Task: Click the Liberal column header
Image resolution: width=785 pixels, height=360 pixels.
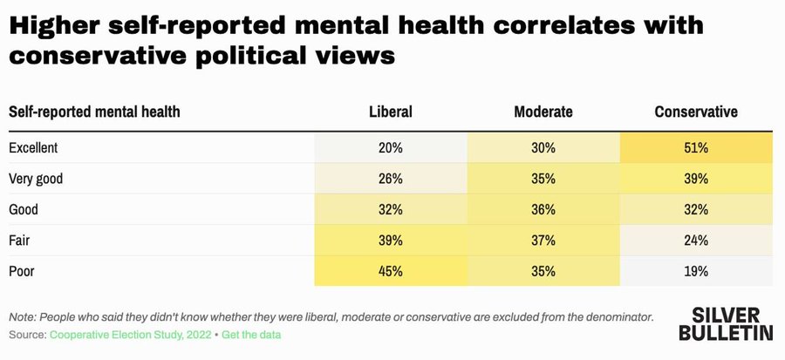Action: click(x=390, y=112)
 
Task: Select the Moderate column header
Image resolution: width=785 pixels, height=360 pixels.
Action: click(x=543, y=112)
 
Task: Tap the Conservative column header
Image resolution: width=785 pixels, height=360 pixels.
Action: click(x=695, y=112)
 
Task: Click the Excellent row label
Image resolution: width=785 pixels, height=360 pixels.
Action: click(x=33, y=147)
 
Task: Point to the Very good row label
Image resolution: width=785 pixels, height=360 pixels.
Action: click(x=36, y=179)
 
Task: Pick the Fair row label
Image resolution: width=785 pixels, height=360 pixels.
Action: click(x=20, y=240)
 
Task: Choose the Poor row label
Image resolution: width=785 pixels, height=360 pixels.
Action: click(x=22, y=270)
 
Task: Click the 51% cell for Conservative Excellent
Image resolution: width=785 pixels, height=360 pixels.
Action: click(x=695, y=147)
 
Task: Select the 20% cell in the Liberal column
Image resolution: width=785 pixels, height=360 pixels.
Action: click(x=390, y=147)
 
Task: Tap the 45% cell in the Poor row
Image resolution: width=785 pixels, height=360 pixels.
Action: click(x=390, y=270)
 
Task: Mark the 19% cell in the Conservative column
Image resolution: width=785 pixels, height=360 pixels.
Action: click(x=695, y=270)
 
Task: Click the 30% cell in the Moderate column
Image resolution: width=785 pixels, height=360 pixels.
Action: click(x=543, y=147)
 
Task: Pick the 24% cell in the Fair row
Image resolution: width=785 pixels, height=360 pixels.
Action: click(x=695, y=240)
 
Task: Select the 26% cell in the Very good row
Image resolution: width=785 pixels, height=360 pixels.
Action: click(x=390, y=179)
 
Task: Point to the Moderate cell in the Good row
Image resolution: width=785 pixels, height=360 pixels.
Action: click(x=543, y=209)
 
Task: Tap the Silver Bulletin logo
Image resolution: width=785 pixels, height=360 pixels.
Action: click(x=731, y=323)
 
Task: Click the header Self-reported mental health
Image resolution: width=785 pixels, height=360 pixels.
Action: click(x=94, y=112)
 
